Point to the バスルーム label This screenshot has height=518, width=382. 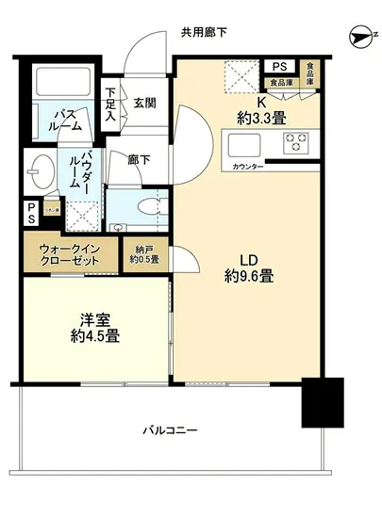click(x=59, y=119)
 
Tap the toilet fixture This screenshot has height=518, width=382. click(x=145, y=207)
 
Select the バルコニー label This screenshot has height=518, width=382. click(x=170, y=430)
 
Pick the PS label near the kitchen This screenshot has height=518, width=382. click(x=278, y=67)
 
